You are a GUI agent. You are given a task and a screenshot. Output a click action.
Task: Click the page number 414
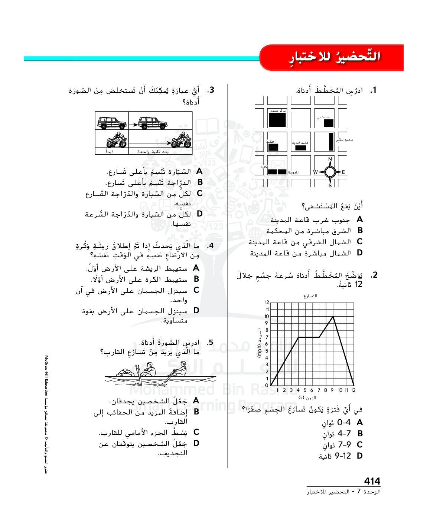[x=372, y=481]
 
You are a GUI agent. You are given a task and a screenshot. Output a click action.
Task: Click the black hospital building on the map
[x=329, y=123]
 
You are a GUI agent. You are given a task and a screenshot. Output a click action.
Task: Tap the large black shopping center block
[x=277, y=120]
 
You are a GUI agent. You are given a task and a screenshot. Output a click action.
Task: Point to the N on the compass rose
[x=330, y=159]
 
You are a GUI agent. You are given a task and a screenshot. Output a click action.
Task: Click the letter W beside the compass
[x=315, y=172]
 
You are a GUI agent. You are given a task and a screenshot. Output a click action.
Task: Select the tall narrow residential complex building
[x=331, y=142]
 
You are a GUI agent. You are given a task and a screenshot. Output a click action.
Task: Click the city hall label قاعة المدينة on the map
[x=300, y=143]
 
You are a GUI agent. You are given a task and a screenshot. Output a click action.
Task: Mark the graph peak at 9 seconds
[x=333, y=316]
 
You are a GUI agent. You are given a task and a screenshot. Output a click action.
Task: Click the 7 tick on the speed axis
[x=267, y=337]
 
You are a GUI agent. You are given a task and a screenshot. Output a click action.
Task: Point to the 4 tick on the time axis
[x=298, y=390]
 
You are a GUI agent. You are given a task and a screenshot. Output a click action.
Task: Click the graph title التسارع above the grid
[x=310, y=296]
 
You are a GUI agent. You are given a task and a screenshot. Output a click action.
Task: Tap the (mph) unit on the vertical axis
[x=260, y=351]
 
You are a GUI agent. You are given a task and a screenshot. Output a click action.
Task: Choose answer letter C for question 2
[x=359, y=445]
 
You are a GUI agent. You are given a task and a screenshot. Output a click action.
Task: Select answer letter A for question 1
[x=359, y=219]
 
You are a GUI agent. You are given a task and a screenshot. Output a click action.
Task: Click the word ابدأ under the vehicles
[x=109, y=152]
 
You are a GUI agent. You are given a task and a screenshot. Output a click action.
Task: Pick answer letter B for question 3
[x=200, y=182]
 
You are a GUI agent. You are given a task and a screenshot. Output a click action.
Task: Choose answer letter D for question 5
[x=196, y=443]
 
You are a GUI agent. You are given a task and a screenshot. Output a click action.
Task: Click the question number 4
[x=210, y=245]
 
